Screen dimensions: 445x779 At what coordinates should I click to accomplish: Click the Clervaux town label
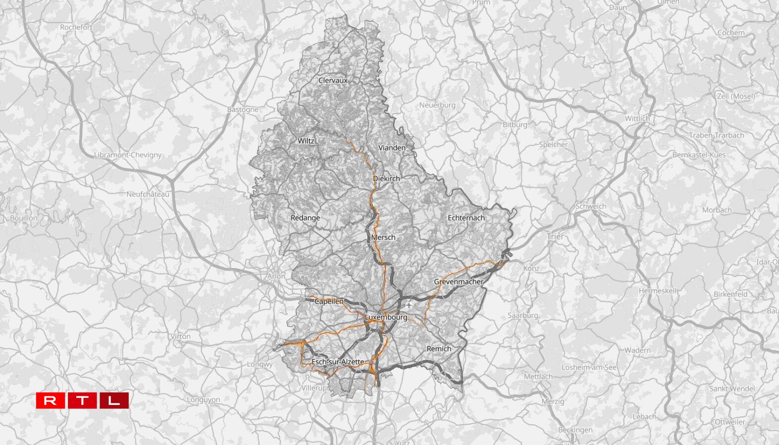click(x=333, y=80)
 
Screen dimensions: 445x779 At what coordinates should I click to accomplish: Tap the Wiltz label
click(x=306, y=141)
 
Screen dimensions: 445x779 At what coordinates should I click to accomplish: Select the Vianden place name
click(x=391, y=148)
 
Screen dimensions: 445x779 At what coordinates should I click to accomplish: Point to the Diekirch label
click(x=386, y=178)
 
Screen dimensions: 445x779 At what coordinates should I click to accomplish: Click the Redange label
click(x=305, y=218)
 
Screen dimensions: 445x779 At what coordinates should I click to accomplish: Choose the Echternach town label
click(x=466, y=218)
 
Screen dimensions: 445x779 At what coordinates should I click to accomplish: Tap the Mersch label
click(x=383, y=237)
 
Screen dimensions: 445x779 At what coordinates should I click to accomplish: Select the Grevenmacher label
click(x=458, y=282)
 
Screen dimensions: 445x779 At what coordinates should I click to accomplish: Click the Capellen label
click(x=329, y=301)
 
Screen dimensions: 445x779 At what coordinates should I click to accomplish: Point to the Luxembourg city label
click(x=386, y=317)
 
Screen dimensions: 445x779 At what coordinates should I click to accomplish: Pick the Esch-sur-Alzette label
click(x=337, y=362)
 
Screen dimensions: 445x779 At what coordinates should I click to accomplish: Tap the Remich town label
click(x=439, y=349)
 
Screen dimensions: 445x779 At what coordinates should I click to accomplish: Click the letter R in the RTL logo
click(x=50, y=400)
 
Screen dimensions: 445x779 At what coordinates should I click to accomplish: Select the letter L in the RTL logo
click(x=114, y=400)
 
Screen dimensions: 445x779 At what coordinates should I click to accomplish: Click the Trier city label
click(x=555, y=237)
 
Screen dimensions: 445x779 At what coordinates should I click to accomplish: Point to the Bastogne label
click(x=242, y=110)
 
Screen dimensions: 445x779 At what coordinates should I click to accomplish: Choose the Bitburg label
click(x=515, y=125)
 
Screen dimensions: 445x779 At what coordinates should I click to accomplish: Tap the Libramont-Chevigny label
click(x=128, y=155)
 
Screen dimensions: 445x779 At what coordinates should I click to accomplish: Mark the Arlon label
click(x=276, y=277)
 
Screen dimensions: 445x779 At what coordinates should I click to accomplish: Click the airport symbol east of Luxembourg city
click(x=408, y=304)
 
